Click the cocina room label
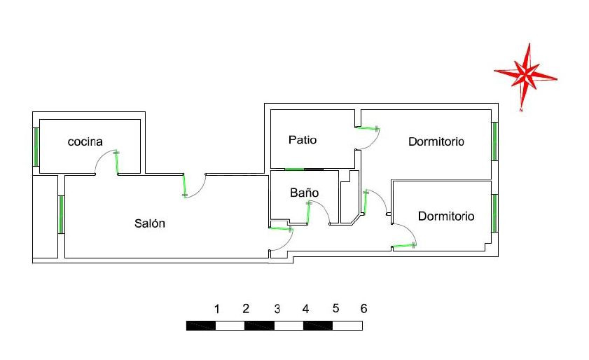(x=85, y=141)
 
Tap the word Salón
(x=149, y=223)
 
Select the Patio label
(x=303, y=140)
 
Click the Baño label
(x=304, y=193)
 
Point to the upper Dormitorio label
(x=436, y=141)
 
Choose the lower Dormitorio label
(x=446, y=216)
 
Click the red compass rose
(x=525, y=76)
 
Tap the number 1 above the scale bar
(x=216, y=309)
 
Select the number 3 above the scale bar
(x=277, y=309)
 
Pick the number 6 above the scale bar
(x=363, y=308)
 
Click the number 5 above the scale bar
(x=335, y=308)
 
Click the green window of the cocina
(x=36, y=147)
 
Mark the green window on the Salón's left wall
(x=61, y=214)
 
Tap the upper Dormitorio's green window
(x=494, y=141)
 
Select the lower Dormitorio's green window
(x=494, y=213)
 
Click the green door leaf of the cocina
(x=117, y=162)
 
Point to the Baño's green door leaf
(x=308, y=214)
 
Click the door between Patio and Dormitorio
(x=368, y=129)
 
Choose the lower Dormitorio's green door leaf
(x=404, y=246)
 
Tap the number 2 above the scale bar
(x=246, y=309)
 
